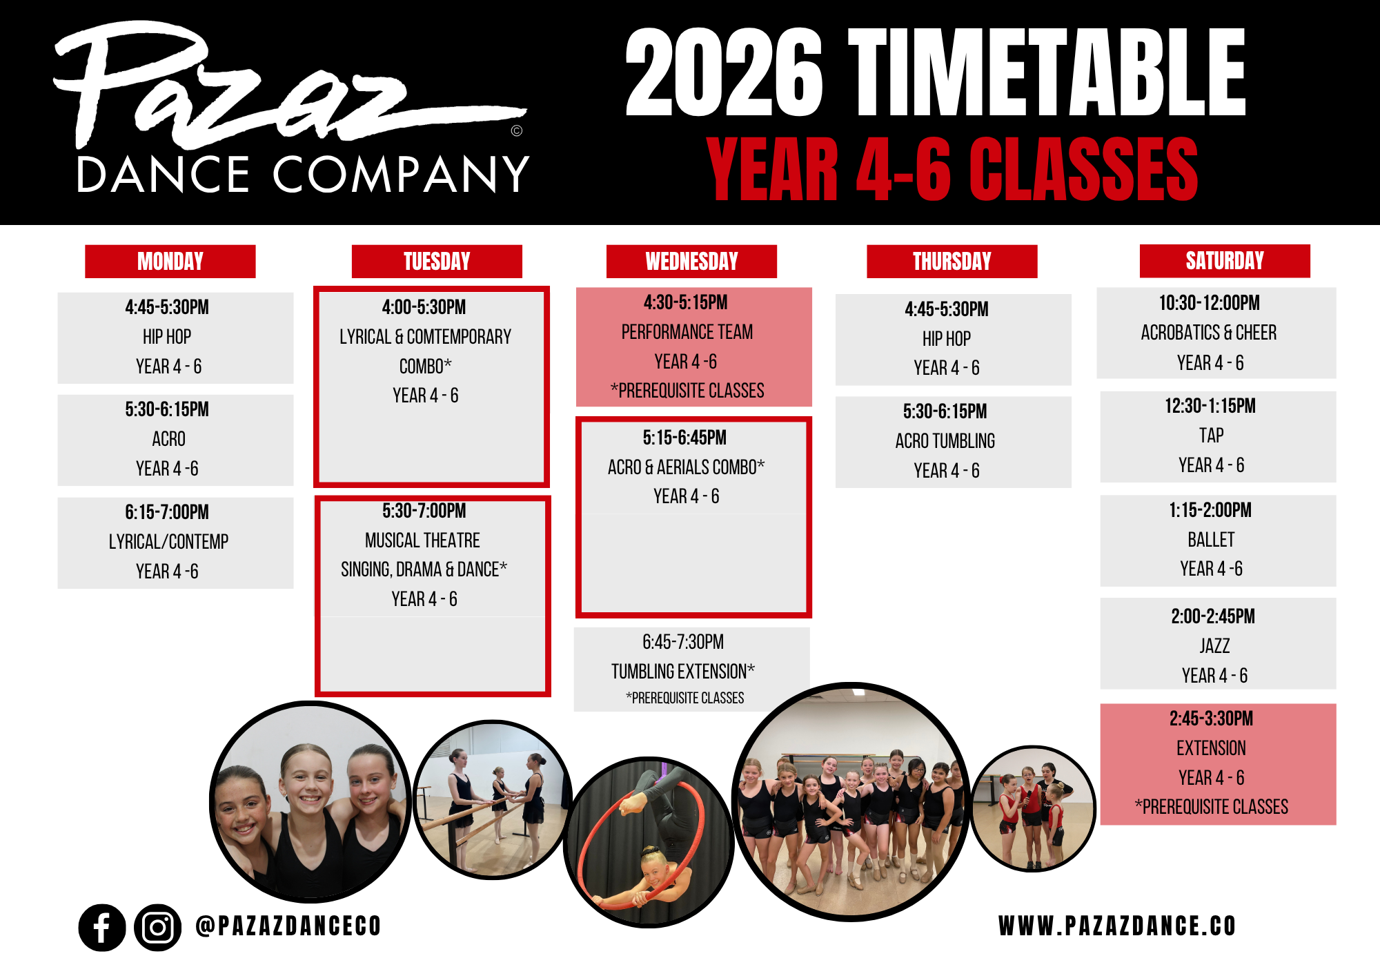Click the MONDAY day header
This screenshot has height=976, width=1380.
pos(170,262)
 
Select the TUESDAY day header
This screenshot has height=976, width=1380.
pos(437,262)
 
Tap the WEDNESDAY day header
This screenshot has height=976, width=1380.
pos(691,262)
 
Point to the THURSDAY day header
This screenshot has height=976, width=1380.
pos(952,262)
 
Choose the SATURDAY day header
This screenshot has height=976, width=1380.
pos(1225,261)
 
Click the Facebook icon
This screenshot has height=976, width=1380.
pos(102,928)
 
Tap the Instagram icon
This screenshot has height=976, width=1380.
pos(158,928)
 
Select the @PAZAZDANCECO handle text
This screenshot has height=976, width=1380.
pos(288,926)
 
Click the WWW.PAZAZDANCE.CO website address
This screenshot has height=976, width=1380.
pos(1117,926)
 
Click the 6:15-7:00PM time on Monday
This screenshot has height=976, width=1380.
pos(167,512)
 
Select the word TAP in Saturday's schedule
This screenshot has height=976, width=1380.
pos(1212,436)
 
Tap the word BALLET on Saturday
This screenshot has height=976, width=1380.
pos(1212,540)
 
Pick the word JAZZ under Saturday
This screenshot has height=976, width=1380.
pos(1214,646)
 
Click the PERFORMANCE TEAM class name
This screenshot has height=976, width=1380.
pos(687,332)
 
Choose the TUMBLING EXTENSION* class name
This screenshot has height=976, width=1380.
pos(683,671)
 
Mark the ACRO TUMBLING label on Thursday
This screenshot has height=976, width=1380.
pos(945,441)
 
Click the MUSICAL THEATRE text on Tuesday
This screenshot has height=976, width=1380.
pos(422,540)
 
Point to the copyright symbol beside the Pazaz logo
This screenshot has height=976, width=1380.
pos(517,130)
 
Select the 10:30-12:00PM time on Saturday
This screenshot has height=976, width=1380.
pos(1210,303)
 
